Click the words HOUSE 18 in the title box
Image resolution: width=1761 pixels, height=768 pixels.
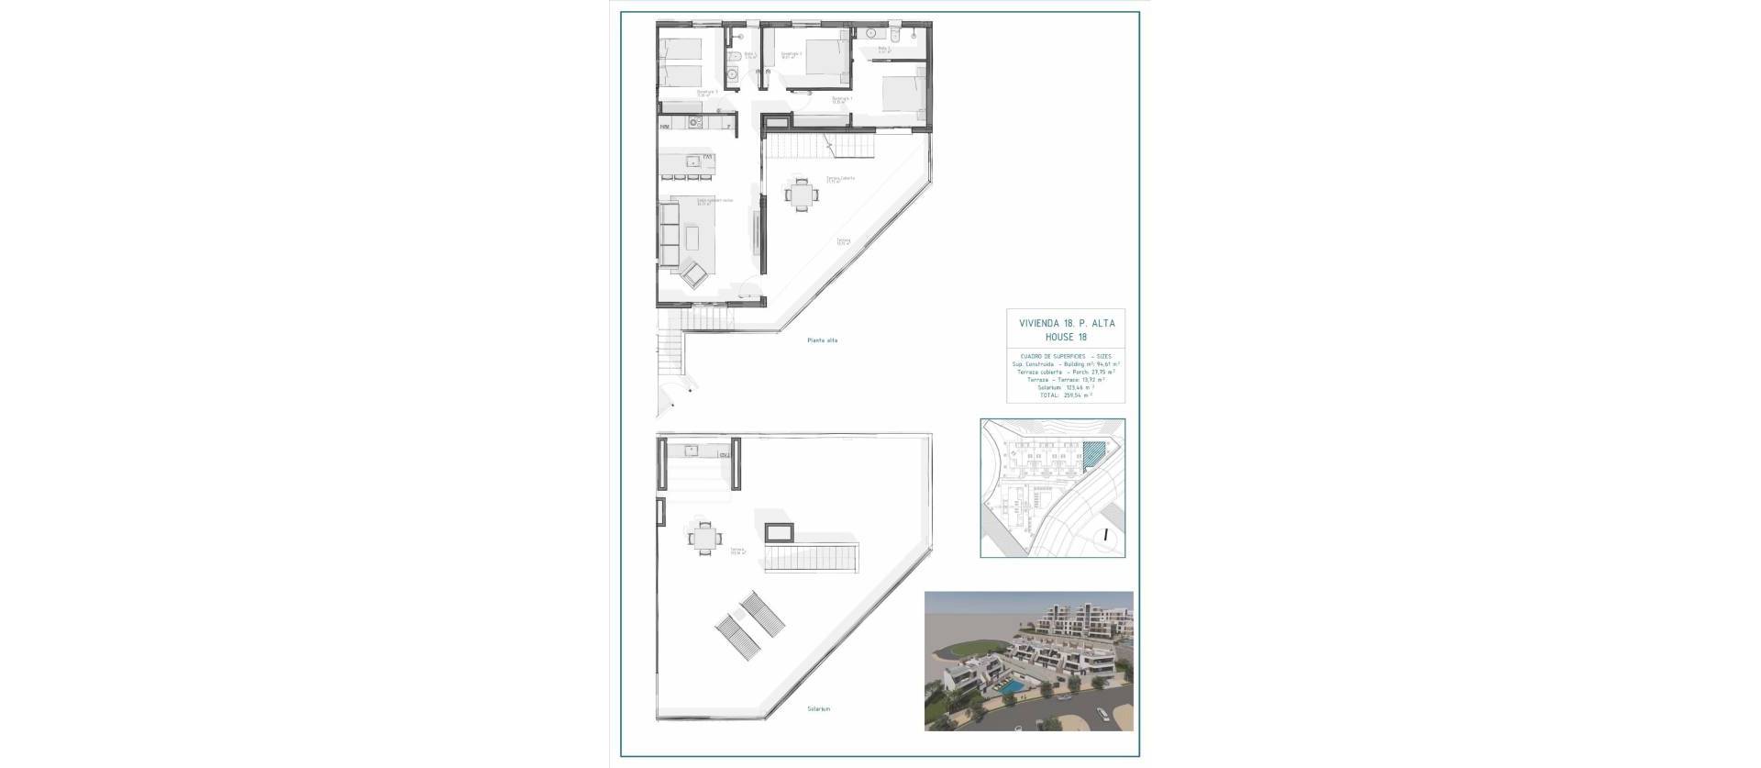(1066, 337)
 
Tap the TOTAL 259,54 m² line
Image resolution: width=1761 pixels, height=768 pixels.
(1065, 395)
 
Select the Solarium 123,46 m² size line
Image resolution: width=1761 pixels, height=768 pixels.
(1065, 387)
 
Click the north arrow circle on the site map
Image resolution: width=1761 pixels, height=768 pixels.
(1106, 535)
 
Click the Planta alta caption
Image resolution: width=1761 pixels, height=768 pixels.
(822, 340)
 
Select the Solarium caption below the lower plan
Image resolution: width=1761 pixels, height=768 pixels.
(819, 734)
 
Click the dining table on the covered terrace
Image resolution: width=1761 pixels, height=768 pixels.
(802, 195)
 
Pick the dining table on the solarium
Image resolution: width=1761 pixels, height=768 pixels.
(703, 539)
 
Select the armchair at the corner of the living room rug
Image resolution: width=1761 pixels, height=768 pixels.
(692, 273)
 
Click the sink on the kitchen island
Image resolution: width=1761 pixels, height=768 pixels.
(694, 186)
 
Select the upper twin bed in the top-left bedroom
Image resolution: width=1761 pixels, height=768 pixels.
(680, 47)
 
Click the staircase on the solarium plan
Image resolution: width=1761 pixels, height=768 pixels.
(813, 556)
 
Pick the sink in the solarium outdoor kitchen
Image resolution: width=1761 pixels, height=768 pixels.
(693, 450)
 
